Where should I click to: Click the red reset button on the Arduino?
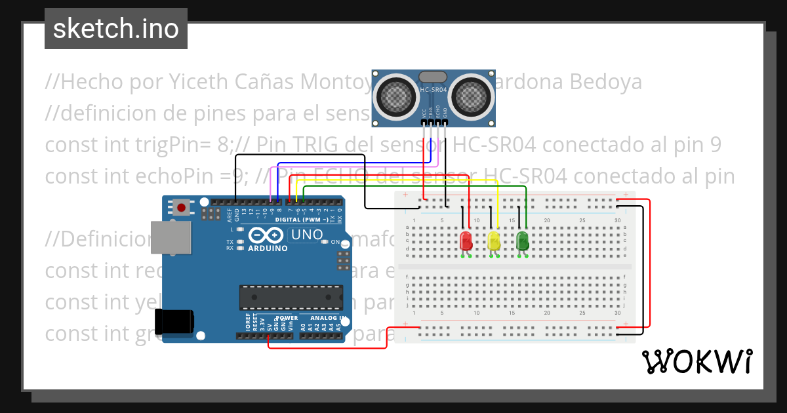click(182, 208)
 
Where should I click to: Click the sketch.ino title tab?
click(116, 29)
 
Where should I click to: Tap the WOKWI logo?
click(696, 361)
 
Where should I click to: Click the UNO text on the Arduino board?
click(306, 235)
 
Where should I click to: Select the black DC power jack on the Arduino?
click(174, 321)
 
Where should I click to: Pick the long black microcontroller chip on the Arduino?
click(291, 297)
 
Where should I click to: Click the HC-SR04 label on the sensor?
click(434, 90)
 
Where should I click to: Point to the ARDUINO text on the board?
click(268, 248)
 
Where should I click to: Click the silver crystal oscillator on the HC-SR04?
click(434, 77)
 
